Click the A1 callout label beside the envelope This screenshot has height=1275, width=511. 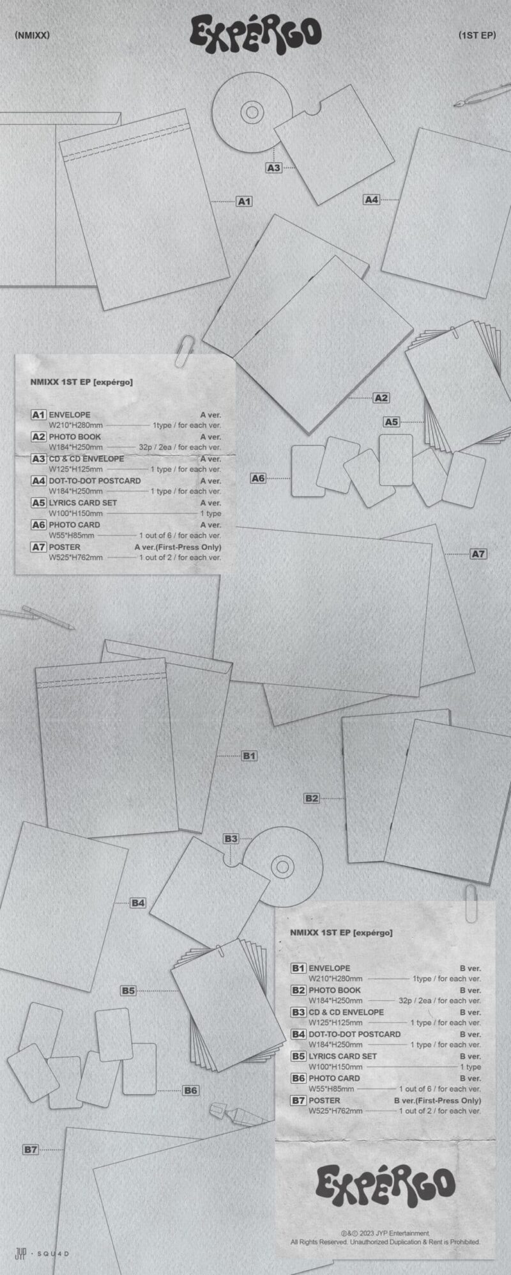pyautogui.click(x=244, y=201)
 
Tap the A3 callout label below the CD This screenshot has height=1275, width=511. pyautogui.click(x=273, y=168)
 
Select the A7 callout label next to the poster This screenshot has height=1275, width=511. pyautogui.click(x=478, y=554)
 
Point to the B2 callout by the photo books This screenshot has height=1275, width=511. pyautogui.click(x=311, y=798)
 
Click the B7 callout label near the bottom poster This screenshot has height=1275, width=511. pyautogui.click(x=31, y=1149)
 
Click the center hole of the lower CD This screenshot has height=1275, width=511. pyautogui.click(x=282, y=867)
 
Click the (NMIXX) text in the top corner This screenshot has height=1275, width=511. pyautogui.click(x=31, y=35)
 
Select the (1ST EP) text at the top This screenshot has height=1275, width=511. pyautogui.click(x=477, y=35)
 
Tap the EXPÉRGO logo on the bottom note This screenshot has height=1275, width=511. pyautogui.click(x=385, y=1183)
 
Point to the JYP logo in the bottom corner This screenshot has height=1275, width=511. pyautogui.click(x=20, y=1254)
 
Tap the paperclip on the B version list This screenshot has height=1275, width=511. pyautogui.click(x=471, y=902)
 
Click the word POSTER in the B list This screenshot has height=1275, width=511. pyautogui.click(x=324, y=1100)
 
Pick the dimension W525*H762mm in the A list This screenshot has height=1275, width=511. pyautogui.click(x=76, y=558)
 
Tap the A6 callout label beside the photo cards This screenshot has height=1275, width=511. pyautogui.click(x=257, y=478)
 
